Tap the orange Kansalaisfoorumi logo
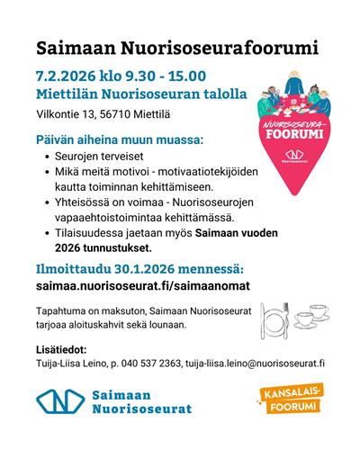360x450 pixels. tap(292, 400)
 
